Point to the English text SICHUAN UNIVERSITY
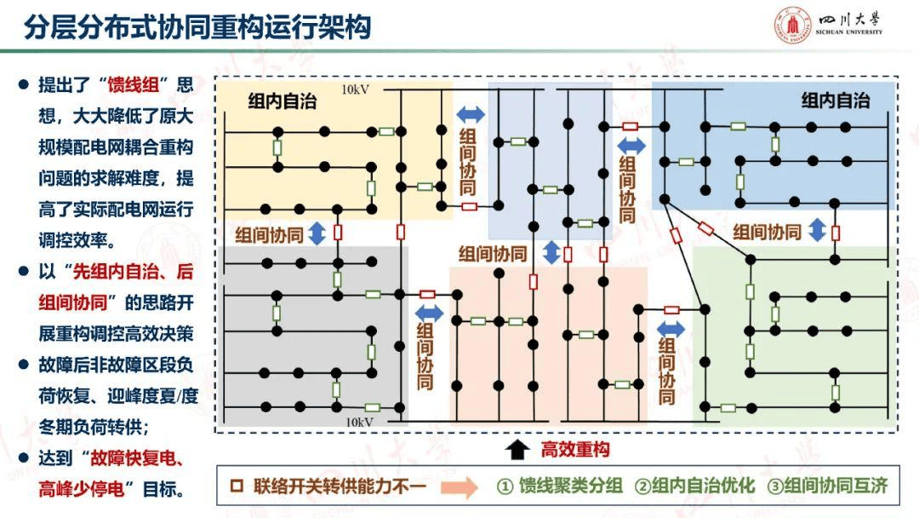tap(849, 32)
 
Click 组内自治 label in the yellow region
tap(283, 101)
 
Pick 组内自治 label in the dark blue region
tap(835, 101)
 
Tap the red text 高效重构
tap(575, 449)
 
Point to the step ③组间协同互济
tap(827, 486)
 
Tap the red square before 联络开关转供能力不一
tap(238, 487)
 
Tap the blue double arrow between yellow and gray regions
tap(317, 233)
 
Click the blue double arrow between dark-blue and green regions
tap(817, 230)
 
